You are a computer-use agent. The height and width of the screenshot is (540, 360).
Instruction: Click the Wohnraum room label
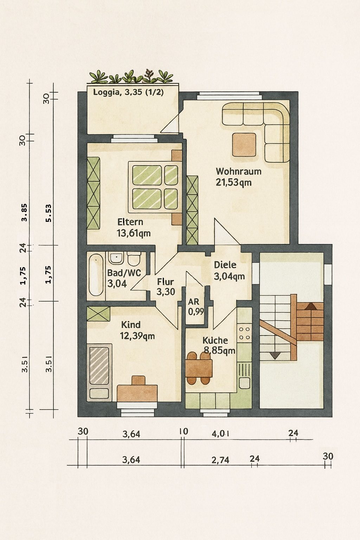(238, 172)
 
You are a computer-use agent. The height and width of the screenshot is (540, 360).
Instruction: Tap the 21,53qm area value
(234, 182)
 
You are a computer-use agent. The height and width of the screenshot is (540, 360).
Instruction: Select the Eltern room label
(130, 222)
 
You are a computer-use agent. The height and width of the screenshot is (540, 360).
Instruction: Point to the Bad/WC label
(124, 273)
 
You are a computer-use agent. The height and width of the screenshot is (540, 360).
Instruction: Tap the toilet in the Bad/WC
(134, 258)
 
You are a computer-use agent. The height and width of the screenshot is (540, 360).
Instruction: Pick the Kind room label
(131, 325)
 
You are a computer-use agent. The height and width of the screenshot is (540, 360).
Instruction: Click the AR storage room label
(194, 302)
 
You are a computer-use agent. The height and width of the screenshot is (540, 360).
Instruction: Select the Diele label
(225, 265)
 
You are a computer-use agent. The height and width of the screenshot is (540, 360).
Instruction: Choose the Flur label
(166, 282)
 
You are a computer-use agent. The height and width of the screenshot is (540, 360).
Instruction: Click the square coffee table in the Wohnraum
(244, 144)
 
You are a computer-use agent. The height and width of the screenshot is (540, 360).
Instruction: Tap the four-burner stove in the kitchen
(244, 333)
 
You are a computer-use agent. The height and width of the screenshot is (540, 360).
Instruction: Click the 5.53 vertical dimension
(49, 213)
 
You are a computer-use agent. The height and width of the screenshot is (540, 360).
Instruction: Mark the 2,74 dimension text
(220, 460)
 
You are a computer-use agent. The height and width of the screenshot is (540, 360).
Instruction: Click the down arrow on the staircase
(275, 355)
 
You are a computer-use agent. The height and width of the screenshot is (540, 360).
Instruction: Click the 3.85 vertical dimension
(24, 212)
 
